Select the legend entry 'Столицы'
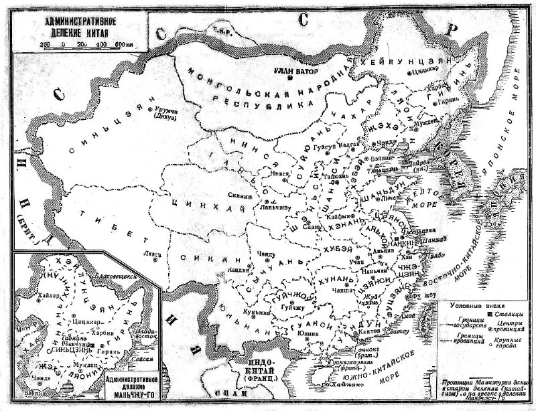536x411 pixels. tap(507, 312)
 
